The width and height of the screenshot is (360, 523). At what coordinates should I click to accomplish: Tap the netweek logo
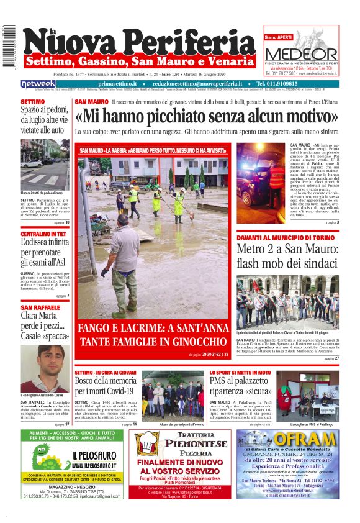38,84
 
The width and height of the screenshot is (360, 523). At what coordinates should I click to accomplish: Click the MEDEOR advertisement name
300,55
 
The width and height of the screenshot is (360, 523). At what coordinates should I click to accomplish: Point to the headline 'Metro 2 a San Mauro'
287,255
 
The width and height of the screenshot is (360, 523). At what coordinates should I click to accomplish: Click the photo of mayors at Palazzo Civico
287,302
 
